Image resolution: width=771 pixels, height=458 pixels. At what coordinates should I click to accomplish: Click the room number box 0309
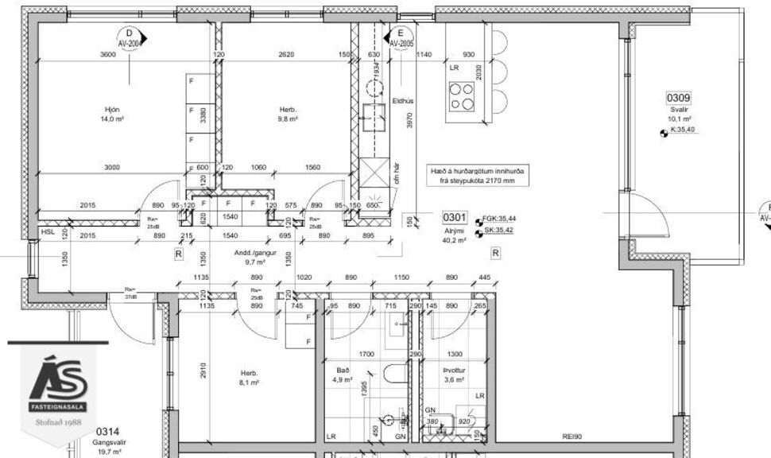click(x=679, y=98)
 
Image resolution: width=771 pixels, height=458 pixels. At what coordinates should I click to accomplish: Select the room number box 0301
click(x=455, y=217)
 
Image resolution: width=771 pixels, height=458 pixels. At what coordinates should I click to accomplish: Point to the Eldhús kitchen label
click(x=404, y=101)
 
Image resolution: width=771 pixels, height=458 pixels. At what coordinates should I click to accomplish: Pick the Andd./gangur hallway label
click(x=254, y=252)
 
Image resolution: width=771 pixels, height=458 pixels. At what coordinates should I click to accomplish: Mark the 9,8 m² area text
click(x=287, y=119)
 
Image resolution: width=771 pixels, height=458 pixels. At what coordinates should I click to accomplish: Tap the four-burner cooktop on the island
click(x=461, y=96)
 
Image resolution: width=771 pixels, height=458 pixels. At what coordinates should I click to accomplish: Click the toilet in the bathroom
click(x=393, y=373)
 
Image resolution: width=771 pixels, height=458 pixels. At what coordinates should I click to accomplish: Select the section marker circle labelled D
click(x=129, y=37)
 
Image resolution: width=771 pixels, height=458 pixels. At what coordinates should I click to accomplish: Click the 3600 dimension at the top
click(x=108, y=55)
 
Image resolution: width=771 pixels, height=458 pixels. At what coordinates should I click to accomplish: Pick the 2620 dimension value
click(x=286, y=55)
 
